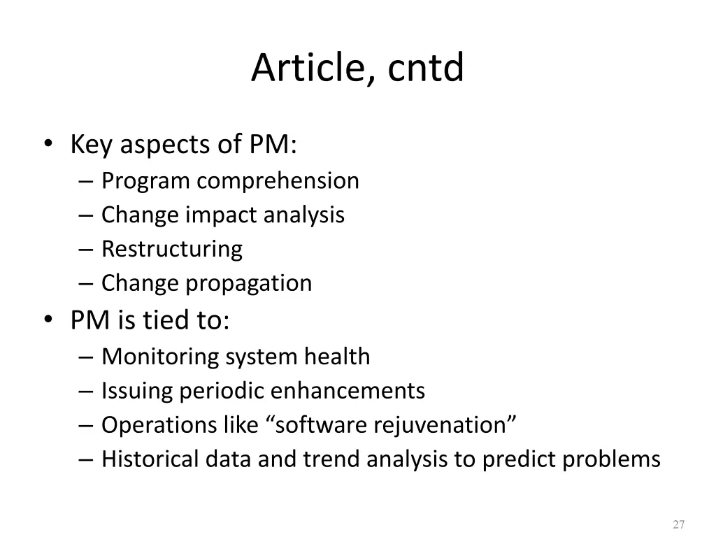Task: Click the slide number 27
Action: [678, 524]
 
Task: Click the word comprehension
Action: [278, 181]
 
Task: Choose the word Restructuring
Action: [172, 249]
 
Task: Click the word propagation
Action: [248, 284]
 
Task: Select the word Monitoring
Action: [160, 357]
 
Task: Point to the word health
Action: [337, 357]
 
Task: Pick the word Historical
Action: [150, 459]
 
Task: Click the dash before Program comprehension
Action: [87, 181]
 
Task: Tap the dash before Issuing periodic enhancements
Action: [87, 391]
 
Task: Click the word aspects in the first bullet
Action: [164, 146]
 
